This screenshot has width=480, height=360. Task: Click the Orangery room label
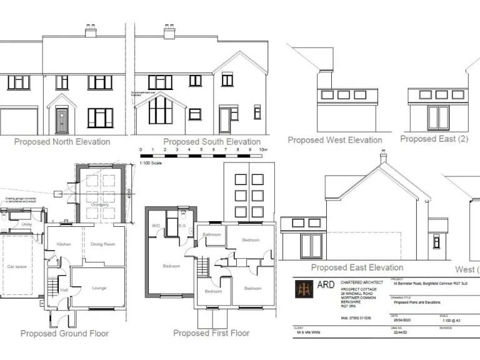[x=100, y=204]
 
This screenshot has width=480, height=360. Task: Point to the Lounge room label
[x=99, y=288]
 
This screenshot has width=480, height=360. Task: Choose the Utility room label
[x=27, y=224]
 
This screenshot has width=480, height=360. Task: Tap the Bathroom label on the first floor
[x=211, y=234]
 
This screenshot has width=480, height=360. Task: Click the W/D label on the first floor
[x=156, y=226]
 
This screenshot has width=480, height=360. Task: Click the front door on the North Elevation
[x=62, y=120]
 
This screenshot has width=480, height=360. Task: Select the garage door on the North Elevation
[x=18, y=121]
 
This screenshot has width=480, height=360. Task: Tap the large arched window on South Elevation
[x=160, y=111]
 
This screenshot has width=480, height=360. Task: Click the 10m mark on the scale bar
[x=263, y=150]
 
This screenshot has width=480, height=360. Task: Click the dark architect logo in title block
[x=304, y=289]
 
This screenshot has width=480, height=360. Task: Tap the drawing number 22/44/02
[x=398, y=332]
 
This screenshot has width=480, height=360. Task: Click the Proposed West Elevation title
[x=334, y=140]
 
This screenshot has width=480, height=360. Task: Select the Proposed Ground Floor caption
[x=65, y=333]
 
